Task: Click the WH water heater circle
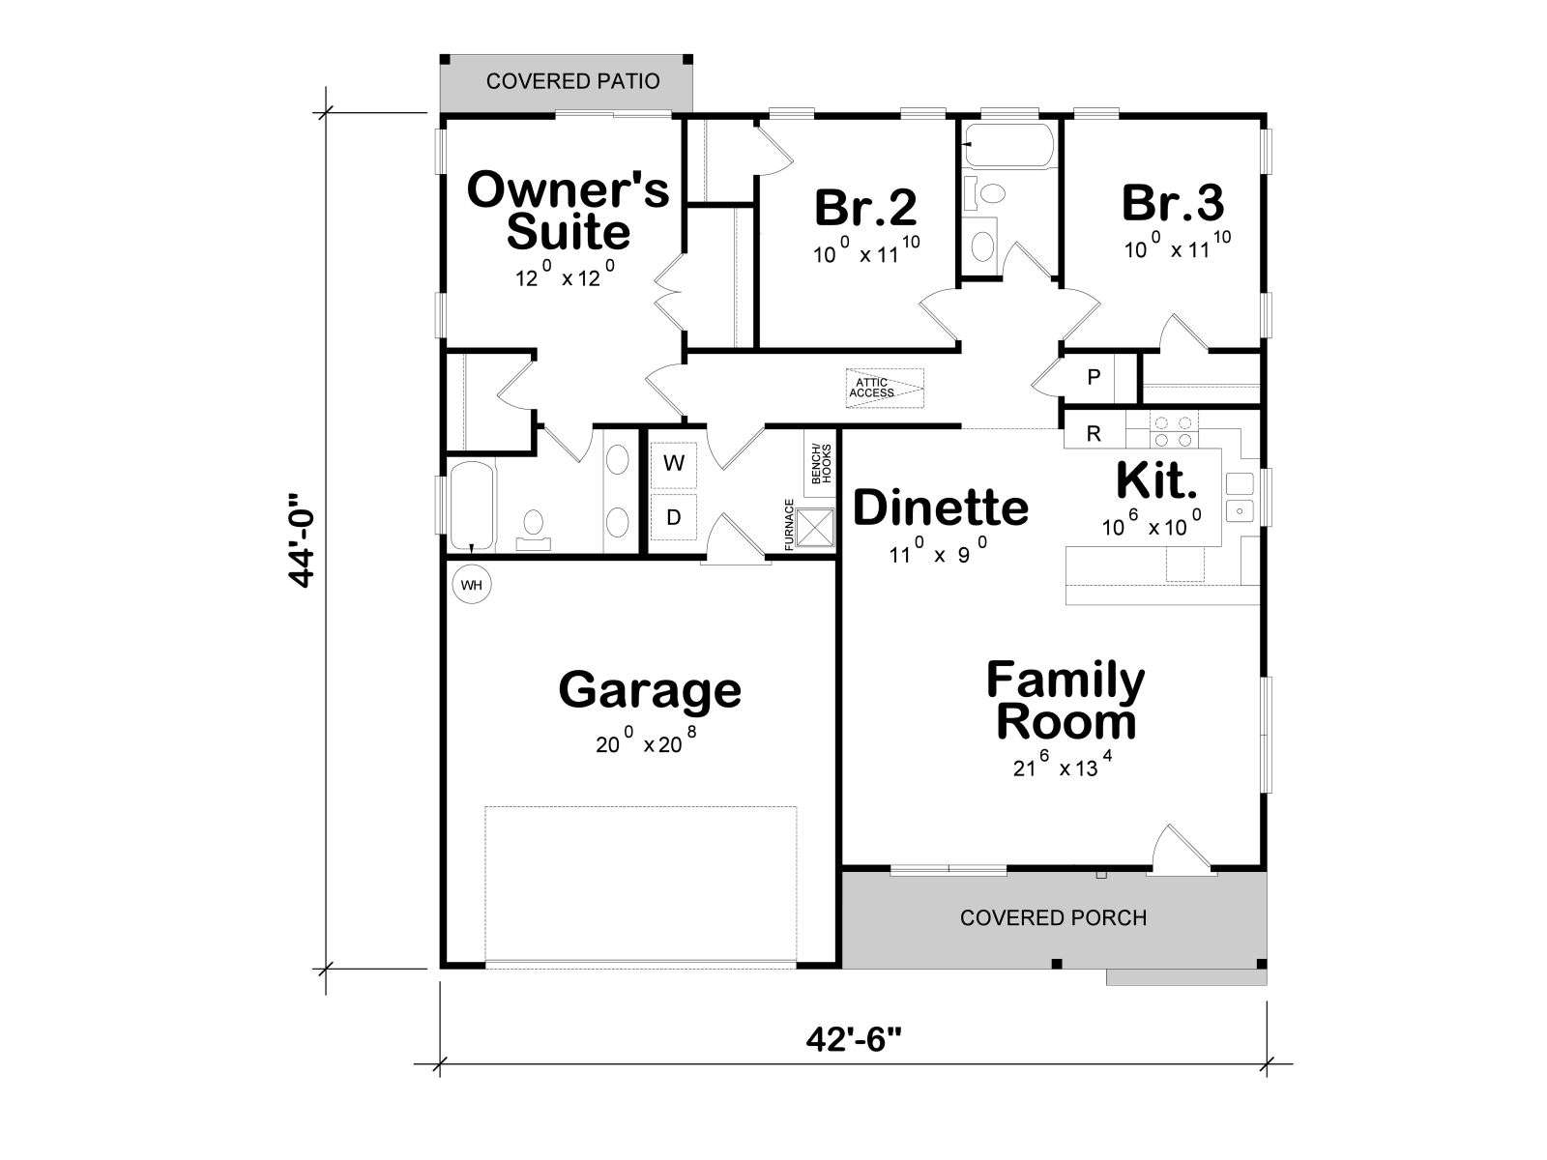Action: (471, 585)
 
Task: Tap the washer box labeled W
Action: (673, 464)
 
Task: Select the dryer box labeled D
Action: (673, 518)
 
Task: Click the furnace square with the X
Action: (815, 528)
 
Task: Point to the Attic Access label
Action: (872, 388)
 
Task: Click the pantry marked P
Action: (1094, 378)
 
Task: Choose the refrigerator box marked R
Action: (1094, 434)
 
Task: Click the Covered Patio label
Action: (573, 82)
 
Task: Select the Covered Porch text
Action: (1053, 917)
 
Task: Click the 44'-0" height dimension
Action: (303, 540)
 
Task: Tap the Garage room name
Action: (649, 691)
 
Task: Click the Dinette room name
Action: (940, 507)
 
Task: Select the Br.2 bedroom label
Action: (866, 207)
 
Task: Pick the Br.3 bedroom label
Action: (1174, 203)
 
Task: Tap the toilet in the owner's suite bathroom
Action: (534, 528)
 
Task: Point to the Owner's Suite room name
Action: (569, 210)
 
